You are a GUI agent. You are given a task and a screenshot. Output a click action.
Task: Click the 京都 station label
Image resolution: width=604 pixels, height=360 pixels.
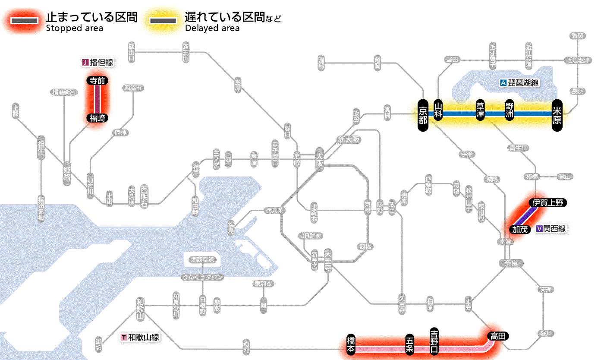[x=423, y=114]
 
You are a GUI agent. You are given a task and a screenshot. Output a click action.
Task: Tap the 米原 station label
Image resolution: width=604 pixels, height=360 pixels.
[x=557, y=114]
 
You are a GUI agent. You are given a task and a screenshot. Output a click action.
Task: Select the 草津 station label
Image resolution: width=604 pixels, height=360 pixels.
[x=480, y=111]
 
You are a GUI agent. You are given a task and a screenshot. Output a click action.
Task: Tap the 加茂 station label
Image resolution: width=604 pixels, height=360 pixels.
[x=519, y=229]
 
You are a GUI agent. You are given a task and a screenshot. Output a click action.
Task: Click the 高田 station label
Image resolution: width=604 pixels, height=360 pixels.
[x=498, y=336]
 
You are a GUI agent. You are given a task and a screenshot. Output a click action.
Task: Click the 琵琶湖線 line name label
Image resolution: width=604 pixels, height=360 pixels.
[x=519, y=83]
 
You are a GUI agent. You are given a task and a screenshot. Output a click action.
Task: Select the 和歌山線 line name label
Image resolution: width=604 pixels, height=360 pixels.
[x=140, y=337]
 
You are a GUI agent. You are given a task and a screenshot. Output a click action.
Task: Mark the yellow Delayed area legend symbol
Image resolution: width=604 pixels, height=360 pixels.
[x=163, y=21]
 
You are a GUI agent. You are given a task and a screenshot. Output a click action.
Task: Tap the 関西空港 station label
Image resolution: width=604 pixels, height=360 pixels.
[x=203, y=260]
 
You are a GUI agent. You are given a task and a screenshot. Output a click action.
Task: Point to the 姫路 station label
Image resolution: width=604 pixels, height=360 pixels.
[x=67, y=174]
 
